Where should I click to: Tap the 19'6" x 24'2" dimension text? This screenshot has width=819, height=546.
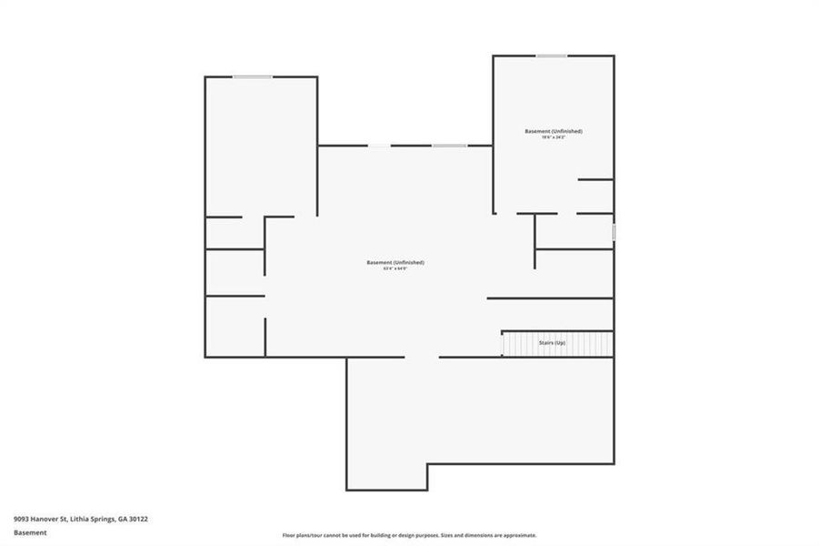tap(554, 137)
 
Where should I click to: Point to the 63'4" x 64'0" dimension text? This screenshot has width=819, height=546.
tap(395, 268)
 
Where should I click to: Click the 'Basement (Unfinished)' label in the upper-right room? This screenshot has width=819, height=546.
tap(554, 131)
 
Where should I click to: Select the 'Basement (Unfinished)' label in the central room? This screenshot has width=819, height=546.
tap(395, 262)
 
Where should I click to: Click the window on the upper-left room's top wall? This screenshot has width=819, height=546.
tap(252, 76)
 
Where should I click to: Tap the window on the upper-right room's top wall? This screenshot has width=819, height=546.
tap(552, 56)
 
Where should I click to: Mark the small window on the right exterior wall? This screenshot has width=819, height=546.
tap(614, 233)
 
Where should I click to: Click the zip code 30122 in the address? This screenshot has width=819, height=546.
tap(139, 519)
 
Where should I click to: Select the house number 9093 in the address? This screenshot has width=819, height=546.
tap(21, 519)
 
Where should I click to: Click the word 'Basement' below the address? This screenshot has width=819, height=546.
tap(30, 533)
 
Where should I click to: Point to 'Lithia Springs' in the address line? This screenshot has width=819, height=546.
tap(88, 519)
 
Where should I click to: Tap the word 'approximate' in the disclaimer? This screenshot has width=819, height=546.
tap(520, 535)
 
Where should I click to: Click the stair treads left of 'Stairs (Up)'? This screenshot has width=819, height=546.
tap(518, 344)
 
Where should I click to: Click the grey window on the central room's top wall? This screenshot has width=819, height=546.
tap(449, 146)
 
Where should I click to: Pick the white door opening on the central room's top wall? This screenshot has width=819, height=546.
tap(379, 146)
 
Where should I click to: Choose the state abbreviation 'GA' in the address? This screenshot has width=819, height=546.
tap(123, 519)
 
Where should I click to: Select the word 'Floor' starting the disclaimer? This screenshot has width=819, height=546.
tap(289, 535)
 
